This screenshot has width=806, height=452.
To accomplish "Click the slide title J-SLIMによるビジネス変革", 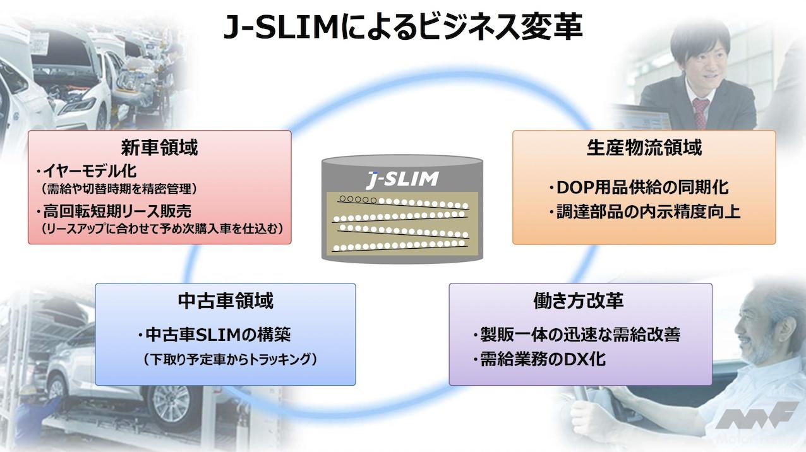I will pos(403,28).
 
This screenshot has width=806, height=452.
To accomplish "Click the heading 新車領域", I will pos(159,148).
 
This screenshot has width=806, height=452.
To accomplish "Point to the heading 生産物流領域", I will pos(644,148).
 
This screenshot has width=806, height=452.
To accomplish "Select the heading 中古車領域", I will pos(226,300).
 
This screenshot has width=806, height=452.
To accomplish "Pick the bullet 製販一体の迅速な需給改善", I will pos(576,334).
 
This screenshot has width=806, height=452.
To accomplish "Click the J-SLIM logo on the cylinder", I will pos(402,179).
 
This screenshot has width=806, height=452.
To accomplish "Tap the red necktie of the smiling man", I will pos(701,112).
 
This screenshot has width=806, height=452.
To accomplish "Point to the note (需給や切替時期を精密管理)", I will pos(119,188).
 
